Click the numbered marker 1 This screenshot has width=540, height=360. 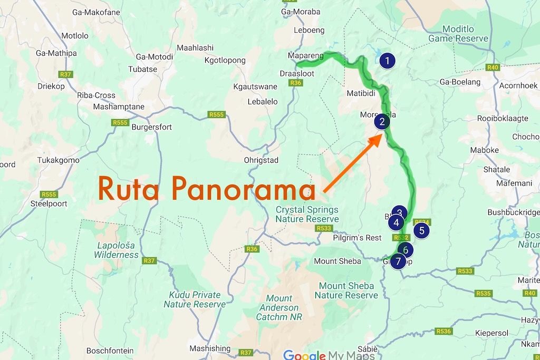click(388, 61)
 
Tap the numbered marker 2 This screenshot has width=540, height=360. click(382, 122)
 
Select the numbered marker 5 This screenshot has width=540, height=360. click(421, 230)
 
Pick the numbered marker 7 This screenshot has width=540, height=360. click(398, 260)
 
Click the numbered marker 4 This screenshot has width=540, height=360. click(396, 222)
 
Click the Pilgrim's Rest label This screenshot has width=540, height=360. click(357, 238)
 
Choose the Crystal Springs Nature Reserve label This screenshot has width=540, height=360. click(307, 215)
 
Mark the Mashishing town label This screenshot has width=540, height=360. click(210, 348)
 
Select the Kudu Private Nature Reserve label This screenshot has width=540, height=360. click(194, 299)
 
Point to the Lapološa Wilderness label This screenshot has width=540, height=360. click(117, 250)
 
